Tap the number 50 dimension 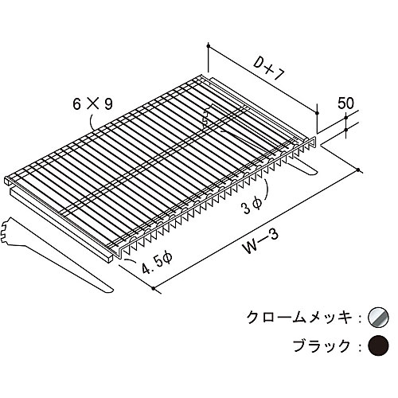(x=345, y=103)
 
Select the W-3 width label (x=261, y=241)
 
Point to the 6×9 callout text (x=93, y=104)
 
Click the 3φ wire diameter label (x=252, y=206)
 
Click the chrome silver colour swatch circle (x=378, y=317)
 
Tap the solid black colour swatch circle (x=378, y=345)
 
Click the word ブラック (x=322, y=345)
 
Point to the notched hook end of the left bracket (x=6, y=230)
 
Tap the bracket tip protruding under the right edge (x=308, y=170)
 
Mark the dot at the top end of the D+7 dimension (x=209, y=46)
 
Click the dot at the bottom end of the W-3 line (x=154, y=288)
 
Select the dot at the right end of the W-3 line (x=358, y=170)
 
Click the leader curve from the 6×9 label (x=91, y=121)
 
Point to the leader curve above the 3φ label (x=265, y=188)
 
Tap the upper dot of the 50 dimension (x=346, y=117)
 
